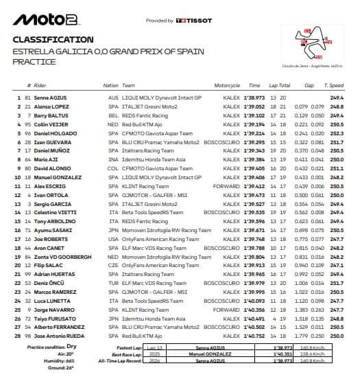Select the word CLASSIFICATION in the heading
pos(53,40)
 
